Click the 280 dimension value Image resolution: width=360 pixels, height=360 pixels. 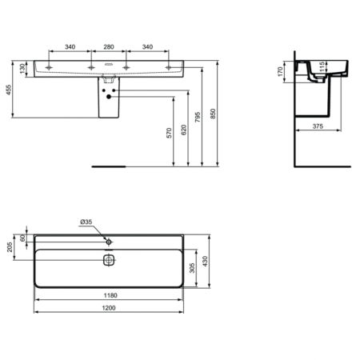point(108,47)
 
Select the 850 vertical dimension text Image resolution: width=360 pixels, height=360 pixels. point(213,114)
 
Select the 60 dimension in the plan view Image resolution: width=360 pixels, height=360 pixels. point(23,237)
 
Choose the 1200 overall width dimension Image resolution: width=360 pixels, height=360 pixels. point(108,310)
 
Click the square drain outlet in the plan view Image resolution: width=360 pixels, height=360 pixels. point(110,259)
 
